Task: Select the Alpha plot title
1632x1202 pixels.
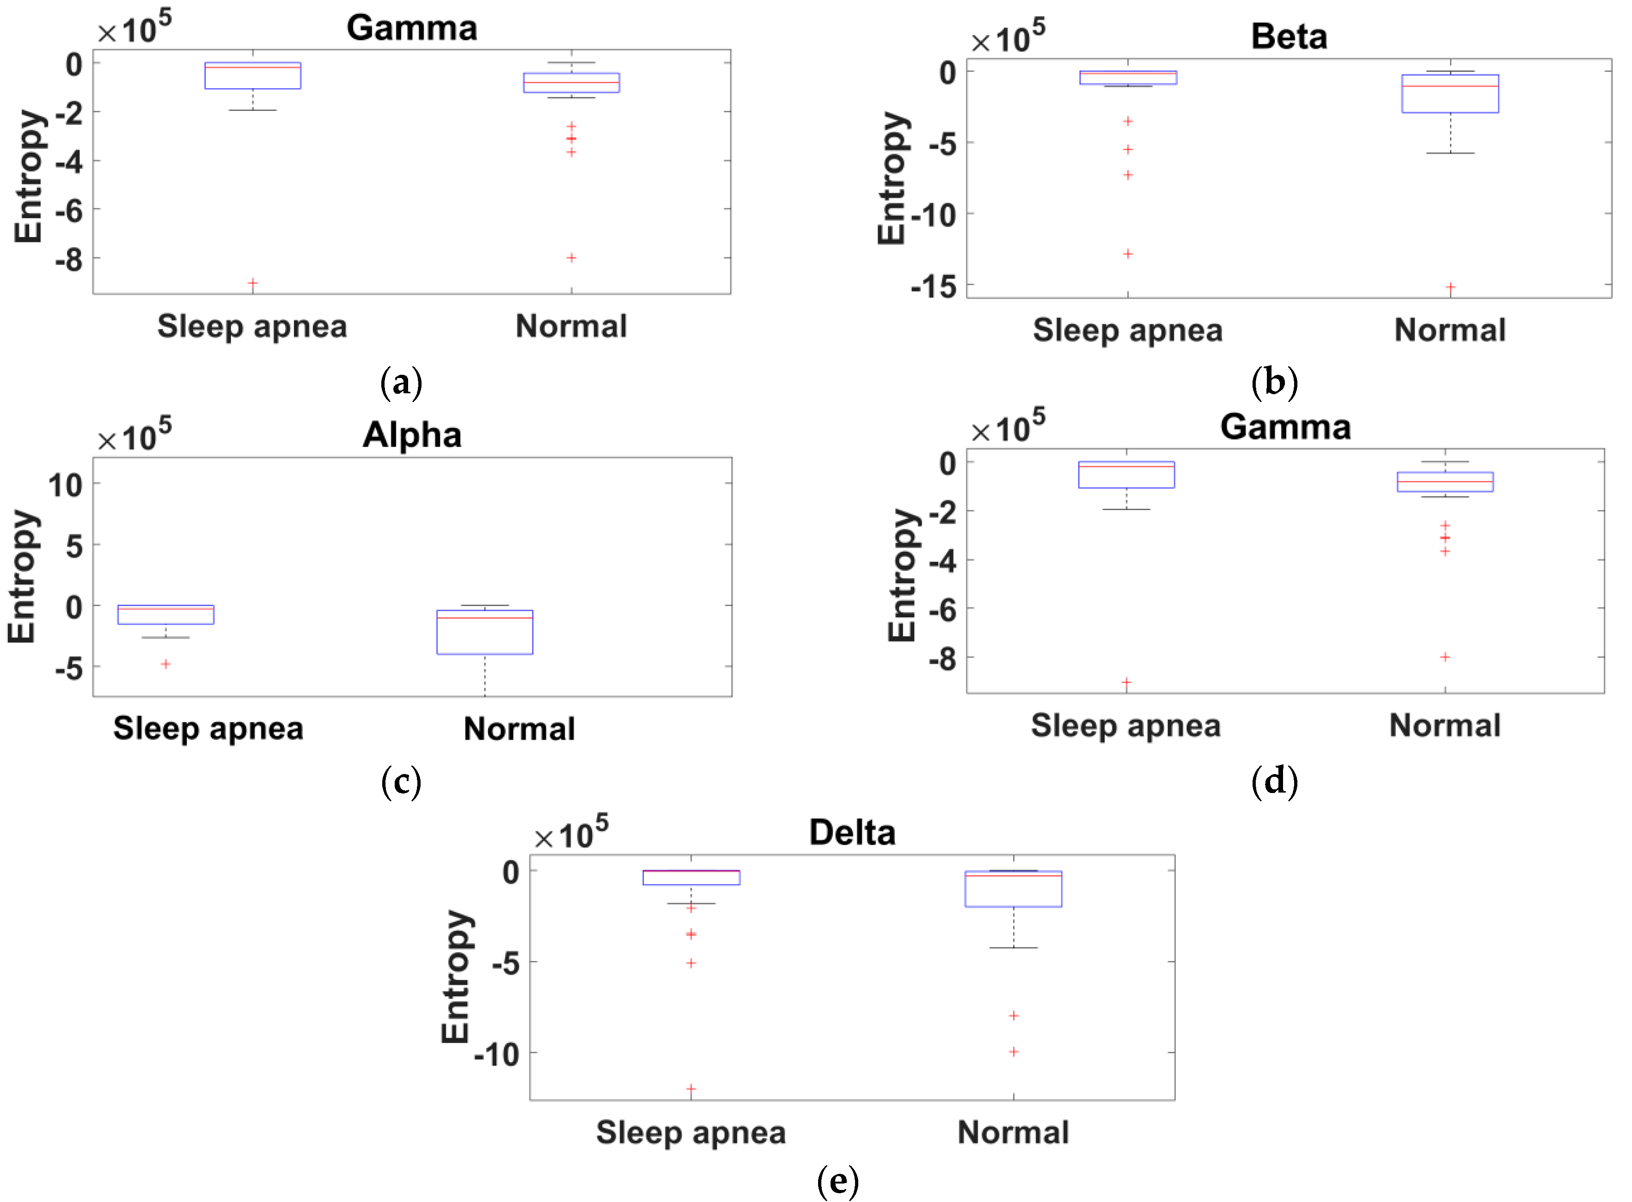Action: (x=412, y=435)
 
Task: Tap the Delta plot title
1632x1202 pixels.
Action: (x=851, y=832)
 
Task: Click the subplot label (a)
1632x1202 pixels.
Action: (x=401, y=383)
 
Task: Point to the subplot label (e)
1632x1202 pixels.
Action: (x=837, y=1180)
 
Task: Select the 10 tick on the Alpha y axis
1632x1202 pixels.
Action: (x=66, y=485)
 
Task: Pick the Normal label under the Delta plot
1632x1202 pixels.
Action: (x=1013, y=1133)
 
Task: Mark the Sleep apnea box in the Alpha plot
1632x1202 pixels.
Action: (x=166, y=615)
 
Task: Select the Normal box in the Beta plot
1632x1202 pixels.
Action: (x=1449, y=94)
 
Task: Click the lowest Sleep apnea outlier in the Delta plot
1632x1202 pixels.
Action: (x=691, y=1089)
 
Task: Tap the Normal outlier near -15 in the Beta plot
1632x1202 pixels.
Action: (x=1450, y=287)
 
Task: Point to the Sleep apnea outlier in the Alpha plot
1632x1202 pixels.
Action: (x=166, y=664)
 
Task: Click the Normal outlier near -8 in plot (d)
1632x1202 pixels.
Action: (x=1445, y=657)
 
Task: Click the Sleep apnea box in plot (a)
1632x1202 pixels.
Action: (x=252, y=76)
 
